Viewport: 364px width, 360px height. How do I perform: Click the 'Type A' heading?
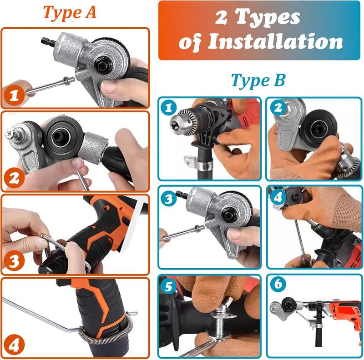pos(70,12)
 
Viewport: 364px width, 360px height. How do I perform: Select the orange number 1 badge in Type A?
pos(14,95)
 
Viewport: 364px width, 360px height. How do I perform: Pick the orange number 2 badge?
pos(15,178)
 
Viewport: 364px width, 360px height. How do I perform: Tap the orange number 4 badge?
pos(14,345)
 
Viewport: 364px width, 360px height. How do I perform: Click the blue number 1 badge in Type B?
pos(169,108)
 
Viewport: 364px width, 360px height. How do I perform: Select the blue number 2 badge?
pos(277,108)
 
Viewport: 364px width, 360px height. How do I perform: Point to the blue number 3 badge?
pos(169,196)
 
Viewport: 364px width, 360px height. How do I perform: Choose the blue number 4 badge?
pos(277,196)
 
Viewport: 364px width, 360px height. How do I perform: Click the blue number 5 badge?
pos(169,285)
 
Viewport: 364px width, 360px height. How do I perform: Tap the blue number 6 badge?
pos(277,285)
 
